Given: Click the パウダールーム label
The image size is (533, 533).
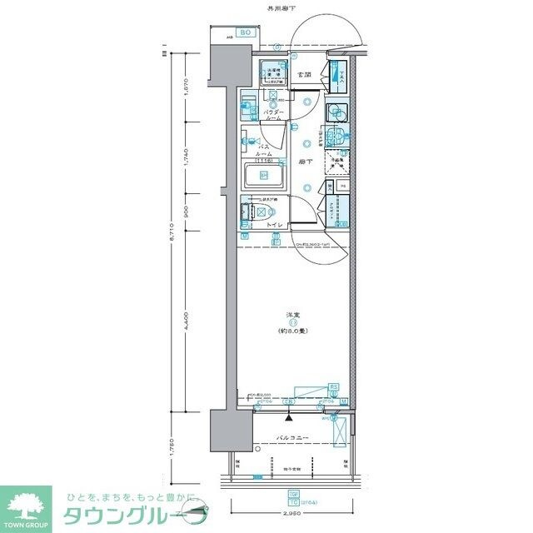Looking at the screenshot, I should (x=275, y=115).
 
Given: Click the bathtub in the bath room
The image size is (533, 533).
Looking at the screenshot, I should (x=263, y=176).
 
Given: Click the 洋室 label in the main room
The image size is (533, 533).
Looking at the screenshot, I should (x=294, y=314).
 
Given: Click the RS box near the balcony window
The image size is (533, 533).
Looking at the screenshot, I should (x=333, y=386).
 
